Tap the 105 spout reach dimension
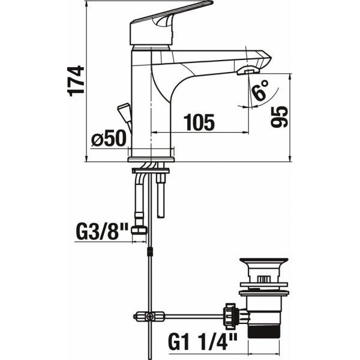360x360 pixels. (199, 122)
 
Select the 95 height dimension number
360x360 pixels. (279, 117)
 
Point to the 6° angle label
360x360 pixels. (260, 90)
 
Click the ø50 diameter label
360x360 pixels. (109, 138)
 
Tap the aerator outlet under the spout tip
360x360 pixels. (248, 70)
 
